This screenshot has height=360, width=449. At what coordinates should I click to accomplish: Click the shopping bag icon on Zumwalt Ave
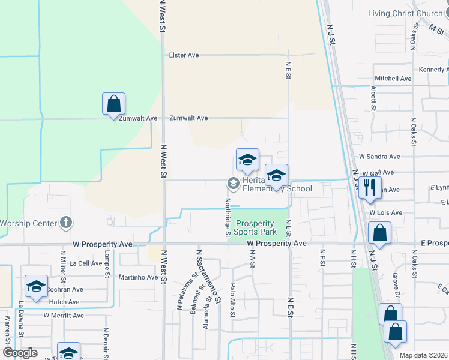coord(113,104)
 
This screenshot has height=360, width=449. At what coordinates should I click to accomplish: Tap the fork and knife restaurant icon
coord(370,188)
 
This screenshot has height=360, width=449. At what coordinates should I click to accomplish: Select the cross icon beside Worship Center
coord(66,223)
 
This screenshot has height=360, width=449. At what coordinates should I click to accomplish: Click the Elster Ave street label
coord(184,55)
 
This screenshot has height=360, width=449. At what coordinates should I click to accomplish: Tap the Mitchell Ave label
coord(393,79)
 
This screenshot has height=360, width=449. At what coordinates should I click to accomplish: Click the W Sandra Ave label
coord(379,157)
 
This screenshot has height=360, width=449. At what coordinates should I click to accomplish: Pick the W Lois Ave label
coord(385,212)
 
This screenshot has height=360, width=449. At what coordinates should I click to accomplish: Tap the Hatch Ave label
coord(64,302)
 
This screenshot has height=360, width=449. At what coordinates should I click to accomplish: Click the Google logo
coord(20,353)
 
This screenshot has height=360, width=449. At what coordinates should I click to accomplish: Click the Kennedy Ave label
coord(433,70)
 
